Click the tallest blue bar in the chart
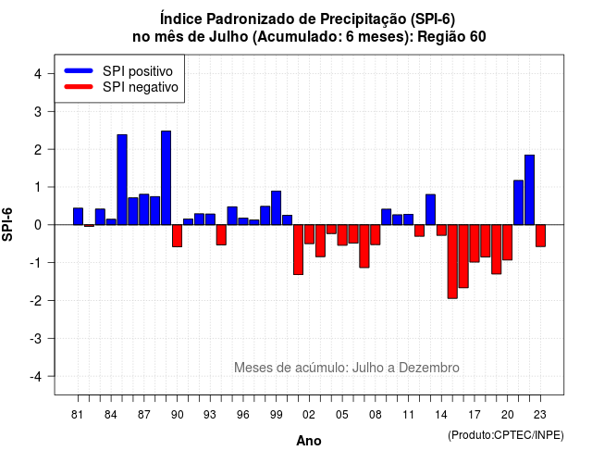[x=166, y=178]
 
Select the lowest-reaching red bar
[x=452, y=261]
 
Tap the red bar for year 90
[x=177, y=236]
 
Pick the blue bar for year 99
[x=276, y=207]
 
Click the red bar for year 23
[x=540, y=236]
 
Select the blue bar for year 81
[x=78, y=216]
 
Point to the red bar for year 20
[x=508, y=243]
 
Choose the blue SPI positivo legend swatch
[x=79, y=70]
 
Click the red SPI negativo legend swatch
[x=79, y=86]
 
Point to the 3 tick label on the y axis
[x=38, y=111]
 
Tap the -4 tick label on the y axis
[x=36, y=376]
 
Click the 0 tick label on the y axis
[x=38, y=225]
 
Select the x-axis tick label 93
[x=210, y=415]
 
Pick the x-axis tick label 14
[x=441, y=415]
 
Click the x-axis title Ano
[x=309, y=441]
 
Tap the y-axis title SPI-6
[x=7, y=224]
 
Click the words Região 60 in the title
[x=451, y=37]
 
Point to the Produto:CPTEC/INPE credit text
[x=506, y=435]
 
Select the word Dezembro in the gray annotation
[x=429, y=368]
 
